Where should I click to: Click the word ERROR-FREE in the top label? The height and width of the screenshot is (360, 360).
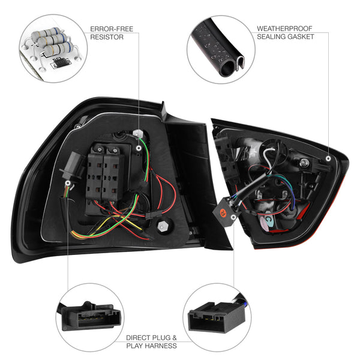click(107, 28)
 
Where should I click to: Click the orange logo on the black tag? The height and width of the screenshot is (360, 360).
click(222, 214)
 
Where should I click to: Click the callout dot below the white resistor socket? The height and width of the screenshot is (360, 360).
click(139, 147)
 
